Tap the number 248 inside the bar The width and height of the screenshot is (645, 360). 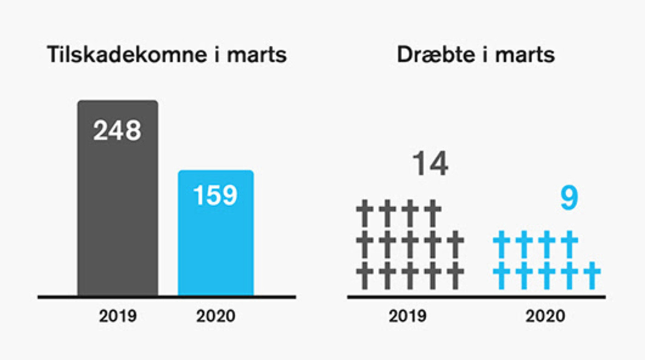pos(117,131)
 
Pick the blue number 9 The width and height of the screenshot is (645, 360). pos(569,198)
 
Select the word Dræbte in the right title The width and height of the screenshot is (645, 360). pos(435,55)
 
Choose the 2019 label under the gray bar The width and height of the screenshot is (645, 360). pos(117,316)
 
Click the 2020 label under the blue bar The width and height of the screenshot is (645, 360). pos(216,316)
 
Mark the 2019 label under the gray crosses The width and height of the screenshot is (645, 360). pos(407,316)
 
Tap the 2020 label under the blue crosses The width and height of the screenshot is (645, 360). pos(545,316)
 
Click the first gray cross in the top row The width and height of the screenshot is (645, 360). pos(365,213)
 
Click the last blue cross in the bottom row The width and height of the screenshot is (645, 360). pos(592,275)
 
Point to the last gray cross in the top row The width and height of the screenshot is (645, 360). pos(433,213)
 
